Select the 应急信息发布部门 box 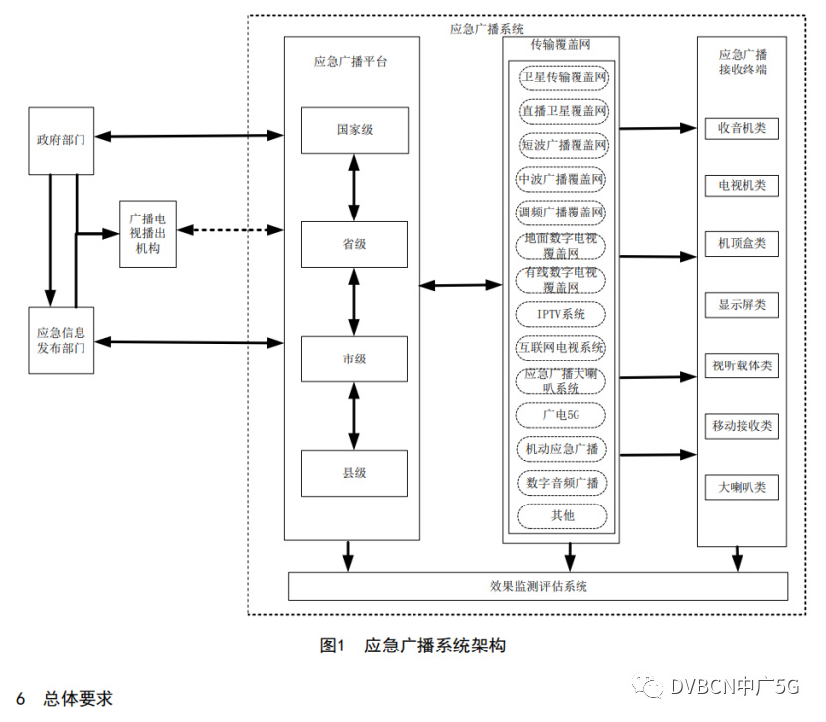pyautogui.click(x=61, y=341)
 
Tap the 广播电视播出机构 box pyautogui.click(x=148, y=234)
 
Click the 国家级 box pyautogui.click(x=355, y=130)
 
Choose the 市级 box pyautogui.click(x=355, y=359)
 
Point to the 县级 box pyautogui.click(x=355, y=473)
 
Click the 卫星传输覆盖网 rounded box pyautogui.click(x=563, y=76)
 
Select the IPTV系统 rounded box pyautogui.click(x=563, y=314)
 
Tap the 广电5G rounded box pyautogui.click(x=563, y=414)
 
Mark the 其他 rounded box pyautogui.click(x=563, y=515)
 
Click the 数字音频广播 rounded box pyautogui.click(x=563, y=482)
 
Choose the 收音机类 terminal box pyautogui.click(x=742, y=129)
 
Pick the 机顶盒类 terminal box pyautogui.click(x=742, y=243)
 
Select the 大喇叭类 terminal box pyautogui.click(x=742, y=488)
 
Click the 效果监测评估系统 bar pyautogui.click(x=538, y=586)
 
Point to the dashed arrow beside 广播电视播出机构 pyautogui.click(x=230, y=231)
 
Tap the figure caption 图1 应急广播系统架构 pyautogui.click(x=413, y=646)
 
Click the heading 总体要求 pyautogui.click(x=78, y=699)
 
